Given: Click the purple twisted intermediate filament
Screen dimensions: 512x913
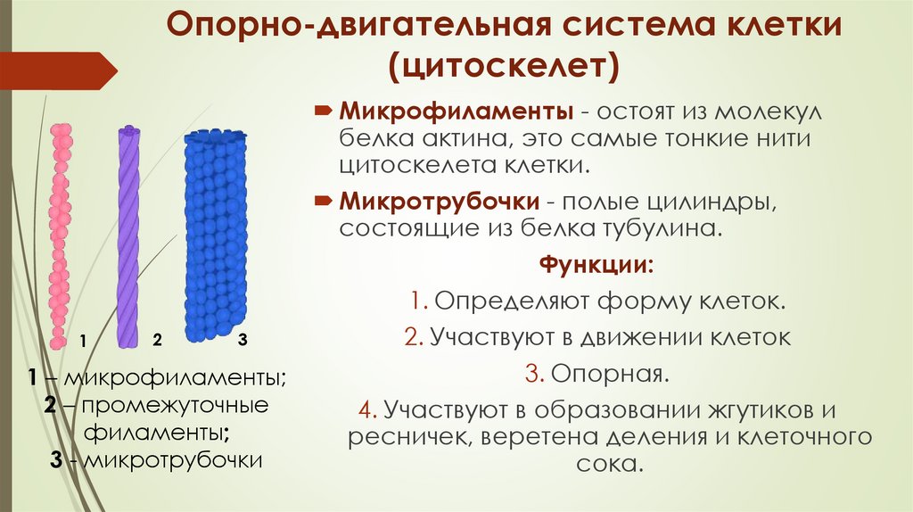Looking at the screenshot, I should coord(129,236).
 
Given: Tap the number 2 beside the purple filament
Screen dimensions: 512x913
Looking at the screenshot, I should coord(157,340).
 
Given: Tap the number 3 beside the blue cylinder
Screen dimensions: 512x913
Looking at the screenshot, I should coord(243,340).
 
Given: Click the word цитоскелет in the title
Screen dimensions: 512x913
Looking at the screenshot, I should coord(502,68).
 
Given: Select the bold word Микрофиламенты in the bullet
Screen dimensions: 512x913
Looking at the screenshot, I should coord(455,113).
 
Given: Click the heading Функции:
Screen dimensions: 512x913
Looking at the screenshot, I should coord(596,265).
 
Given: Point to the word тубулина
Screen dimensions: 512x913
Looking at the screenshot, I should coord(655,227).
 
